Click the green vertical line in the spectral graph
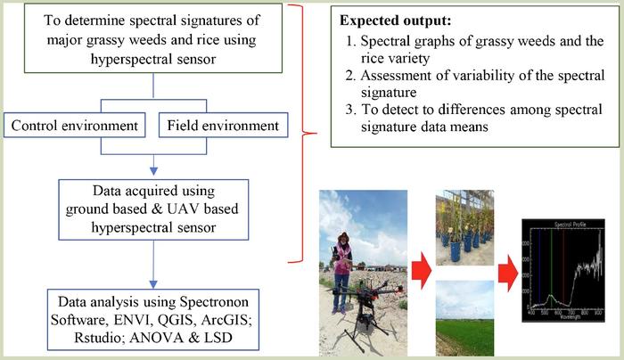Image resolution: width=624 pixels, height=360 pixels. click(552, 267)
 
